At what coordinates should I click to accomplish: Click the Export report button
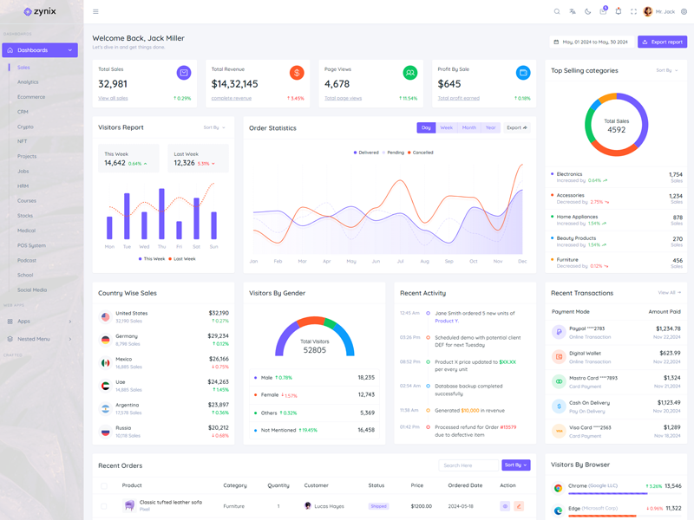pyautogui.click(x=662, y=42)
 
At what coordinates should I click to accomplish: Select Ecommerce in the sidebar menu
pyautogui.click(x=31, y=97)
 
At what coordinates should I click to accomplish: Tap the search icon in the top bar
pyautogui.click(x=557, y=11)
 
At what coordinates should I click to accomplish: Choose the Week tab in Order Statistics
pyautogui.click(x=446, y=127)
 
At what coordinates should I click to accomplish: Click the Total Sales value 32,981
pyautogui.click(x=113, y=84)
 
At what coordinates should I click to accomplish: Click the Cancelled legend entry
pyautogui.click(x=422, y=153)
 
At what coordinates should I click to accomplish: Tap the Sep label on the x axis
pyautogui.click(x=449, y=261)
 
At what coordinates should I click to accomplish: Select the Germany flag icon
pyautogui.click(x=105, y=340)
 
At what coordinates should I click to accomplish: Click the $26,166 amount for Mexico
pyautogui.click(x=219, y=359)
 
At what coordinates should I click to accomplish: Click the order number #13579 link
pyautogui.click(x=507, y=426)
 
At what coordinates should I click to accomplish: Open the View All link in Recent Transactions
pyautogui.click(x=666, y=293)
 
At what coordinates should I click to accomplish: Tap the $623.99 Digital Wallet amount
pyautogui.click(x=670, y=354)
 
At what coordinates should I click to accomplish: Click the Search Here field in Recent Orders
pyautogui.click(x=468, y=465)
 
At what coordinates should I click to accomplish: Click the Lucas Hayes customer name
pyautogui.click(x=329, y=505)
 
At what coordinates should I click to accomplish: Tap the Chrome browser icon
pyautogui.click(x=559, y=488)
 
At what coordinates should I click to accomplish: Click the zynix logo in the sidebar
pyautogui.click(x=40, y=11)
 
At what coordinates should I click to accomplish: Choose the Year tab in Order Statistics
pyautogui.click(x=491, y=127)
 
